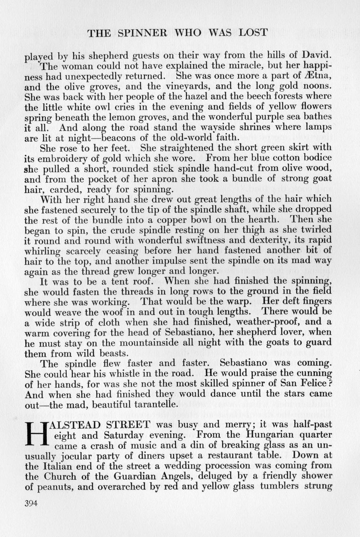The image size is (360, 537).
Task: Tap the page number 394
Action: (x=31, y=503)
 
